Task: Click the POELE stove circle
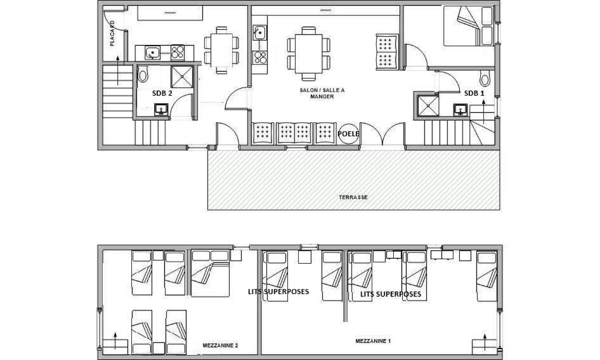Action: (x=349, y=134)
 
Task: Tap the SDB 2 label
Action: (x=162, y=93)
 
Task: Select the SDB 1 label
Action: (x=474, y=93)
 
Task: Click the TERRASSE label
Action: (x=353, y=197)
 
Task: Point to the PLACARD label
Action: (x=112, y=33)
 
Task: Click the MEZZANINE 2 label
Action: (x=221, y=345)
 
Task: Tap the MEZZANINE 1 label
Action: (x=373, y=341)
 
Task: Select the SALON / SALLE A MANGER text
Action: (x=322, y=93)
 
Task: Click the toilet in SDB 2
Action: (x=143, y=74)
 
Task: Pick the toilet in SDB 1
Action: (x=485, y=78)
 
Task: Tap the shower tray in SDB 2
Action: (x=182, y=77)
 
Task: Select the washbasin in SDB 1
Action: (x=460, y=110)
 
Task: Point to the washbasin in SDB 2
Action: (x=161, y=110)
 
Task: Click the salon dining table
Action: (x=309, y=54)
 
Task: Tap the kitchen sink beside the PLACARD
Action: (x=153, y=53)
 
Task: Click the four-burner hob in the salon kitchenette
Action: (x=260, y=58)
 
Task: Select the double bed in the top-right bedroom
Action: (x=469, y=25)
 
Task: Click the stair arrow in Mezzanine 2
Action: (x=115, y=340)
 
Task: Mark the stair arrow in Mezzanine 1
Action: (x=485, y=342)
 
